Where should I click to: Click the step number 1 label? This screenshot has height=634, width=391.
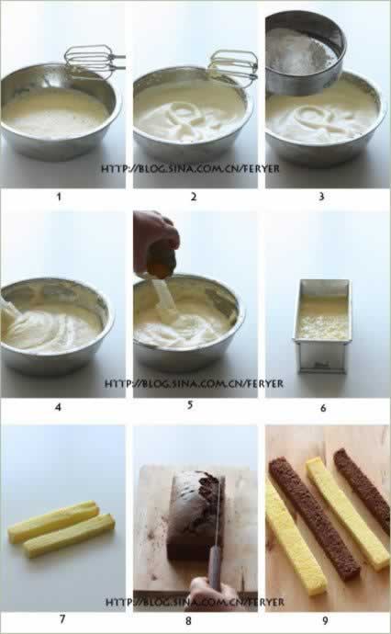click(x=59, y=197)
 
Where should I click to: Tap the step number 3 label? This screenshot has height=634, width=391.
click(x=321, y=197)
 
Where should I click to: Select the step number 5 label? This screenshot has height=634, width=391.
click(x=190, y=404)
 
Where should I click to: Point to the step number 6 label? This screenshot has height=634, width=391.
click(x=323, y=408)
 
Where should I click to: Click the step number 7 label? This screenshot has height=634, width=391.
click(x=62, y=618)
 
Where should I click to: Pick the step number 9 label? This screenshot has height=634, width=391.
click(x=326, y=620)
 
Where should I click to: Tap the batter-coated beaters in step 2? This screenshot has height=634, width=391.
click(x=233, y=67)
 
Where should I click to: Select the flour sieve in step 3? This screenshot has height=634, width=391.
click(x=306, y=52)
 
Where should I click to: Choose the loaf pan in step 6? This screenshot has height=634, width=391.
click(x=322, y=326)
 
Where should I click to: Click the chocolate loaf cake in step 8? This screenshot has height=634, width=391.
click(x=196, y=515)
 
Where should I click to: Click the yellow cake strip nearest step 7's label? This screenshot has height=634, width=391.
click(x=70, y=536)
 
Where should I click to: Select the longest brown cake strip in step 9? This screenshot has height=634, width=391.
click(x=314, y=518)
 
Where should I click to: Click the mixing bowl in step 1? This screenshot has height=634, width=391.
click(x=61, y=112)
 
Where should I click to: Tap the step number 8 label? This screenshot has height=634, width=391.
click(x=188, y=620)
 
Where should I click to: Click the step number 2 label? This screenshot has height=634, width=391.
click(x=194, y=197)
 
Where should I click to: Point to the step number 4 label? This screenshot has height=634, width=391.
click(x=58, y=407)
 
